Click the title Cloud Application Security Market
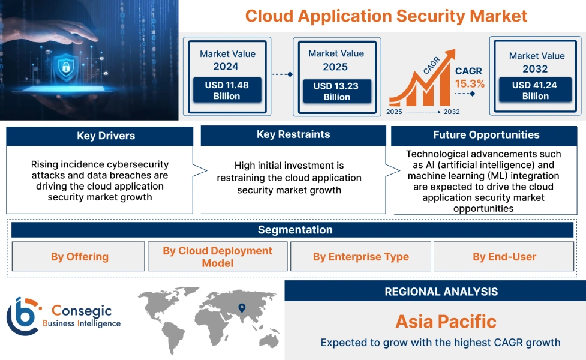tap(386, 16)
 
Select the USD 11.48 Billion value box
tap(226, 91)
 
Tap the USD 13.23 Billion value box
tap(336, 92)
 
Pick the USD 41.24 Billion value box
tap(535, 91)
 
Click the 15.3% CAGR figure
tap(470, 83)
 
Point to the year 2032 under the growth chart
tap(452, 112)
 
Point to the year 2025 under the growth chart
tap(395, 112)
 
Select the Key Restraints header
tap(293, 134)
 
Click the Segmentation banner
tap(294, 230)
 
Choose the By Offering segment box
tap(79, 257)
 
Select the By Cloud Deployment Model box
tap(217, 257)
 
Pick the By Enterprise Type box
tap(360, 257)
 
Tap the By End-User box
tap(504, 257)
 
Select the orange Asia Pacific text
tap(446, 321)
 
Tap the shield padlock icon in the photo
tap(65, 67)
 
